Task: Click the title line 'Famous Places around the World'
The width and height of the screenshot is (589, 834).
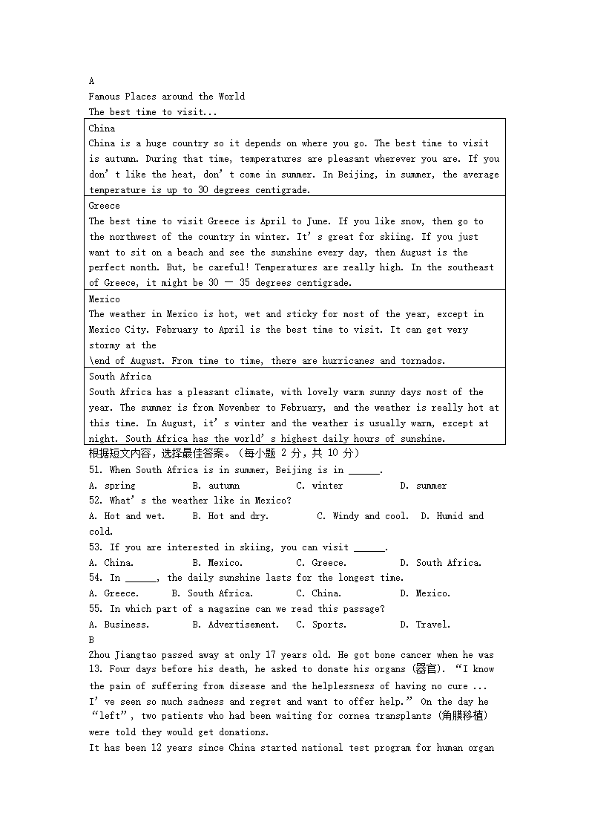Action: coord(166,97)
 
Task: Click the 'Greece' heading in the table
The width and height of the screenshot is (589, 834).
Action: coord(104,206)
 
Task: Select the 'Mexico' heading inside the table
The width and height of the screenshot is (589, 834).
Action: coord(104,299)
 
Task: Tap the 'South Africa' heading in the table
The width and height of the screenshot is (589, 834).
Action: coord(119,377)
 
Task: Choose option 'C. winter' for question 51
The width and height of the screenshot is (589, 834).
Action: coord(319,486)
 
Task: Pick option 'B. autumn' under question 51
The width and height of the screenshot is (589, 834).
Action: coord(215,486)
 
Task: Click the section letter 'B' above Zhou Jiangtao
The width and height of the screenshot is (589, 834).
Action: coord(91,639)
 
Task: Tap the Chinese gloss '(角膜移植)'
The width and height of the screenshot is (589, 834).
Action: coord(459,717)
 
